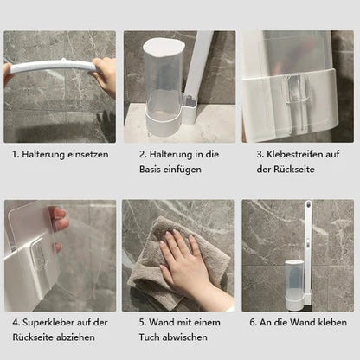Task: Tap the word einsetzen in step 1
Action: coord(88,155)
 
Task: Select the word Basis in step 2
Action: coord(152,169)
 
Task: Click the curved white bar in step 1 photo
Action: coord(52,67)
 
